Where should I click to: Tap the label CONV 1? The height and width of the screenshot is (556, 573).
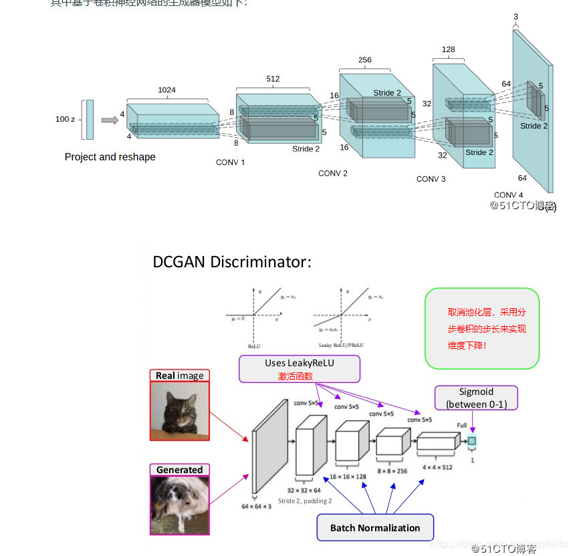pos(230,162)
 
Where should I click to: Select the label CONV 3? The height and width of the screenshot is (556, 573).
pos(431,179)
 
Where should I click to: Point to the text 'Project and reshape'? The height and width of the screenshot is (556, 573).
pos(110,157)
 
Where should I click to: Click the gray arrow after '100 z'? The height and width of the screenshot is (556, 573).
pos(109,120)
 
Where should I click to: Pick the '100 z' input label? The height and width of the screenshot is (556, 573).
pos(65,120)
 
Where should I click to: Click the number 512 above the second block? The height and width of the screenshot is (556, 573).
pos(273,79)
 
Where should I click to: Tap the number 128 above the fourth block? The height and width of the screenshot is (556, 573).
pos(448,49)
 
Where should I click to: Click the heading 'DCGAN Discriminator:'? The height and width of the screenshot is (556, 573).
pos(232,262)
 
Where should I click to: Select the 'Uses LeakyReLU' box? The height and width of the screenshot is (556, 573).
pos(300,369)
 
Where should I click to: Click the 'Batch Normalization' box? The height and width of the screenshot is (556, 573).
pos(374,527)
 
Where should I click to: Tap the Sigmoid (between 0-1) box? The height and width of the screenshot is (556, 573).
pos(476,398)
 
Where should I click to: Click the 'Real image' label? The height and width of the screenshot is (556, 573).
pos(179,376)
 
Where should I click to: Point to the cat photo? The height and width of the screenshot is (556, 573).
pos(179,411)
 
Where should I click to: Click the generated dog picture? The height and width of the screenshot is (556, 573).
pos(179,505)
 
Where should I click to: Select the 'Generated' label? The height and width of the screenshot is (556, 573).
pos(179,470)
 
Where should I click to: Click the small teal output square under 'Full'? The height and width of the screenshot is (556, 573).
pos(472,441)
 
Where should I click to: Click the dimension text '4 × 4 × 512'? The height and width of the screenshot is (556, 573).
pos(437,467)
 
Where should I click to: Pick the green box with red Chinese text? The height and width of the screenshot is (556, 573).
pos(481,329)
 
